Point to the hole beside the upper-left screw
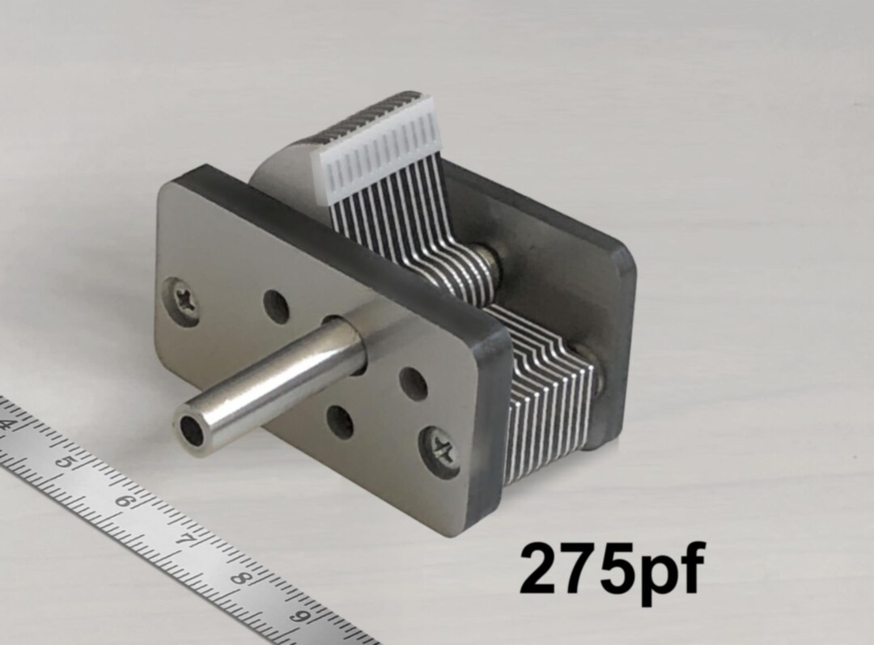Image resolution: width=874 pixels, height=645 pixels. (x=277, y=307)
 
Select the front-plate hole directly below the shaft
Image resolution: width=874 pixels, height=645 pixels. (x=339, y=422)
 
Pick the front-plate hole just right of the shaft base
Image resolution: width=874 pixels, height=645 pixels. (x=414, y=384)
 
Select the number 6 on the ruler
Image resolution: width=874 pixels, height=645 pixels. (x=124, y=500)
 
